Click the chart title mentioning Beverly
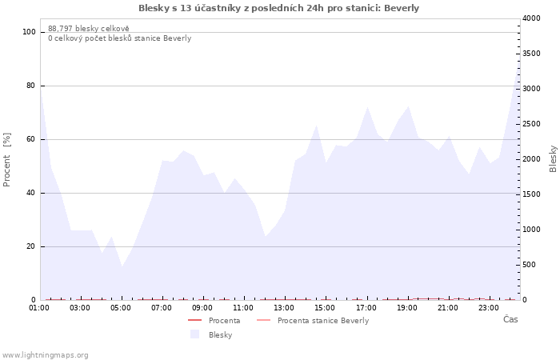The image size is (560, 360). coord(278,8)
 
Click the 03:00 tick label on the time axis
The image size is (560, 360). coord(80,307)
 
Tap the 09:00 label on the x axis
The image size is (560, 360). coord(203,307)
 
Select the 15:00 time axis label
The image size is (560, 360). coord(326,307)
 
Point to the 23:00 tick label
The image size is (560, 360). coord(490,307)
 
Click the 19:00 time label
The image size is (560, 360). coord(407,307)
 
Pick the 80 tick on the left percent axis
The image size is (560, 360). coord(30,86)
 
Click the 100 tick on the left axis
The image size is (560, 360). coord(29,32)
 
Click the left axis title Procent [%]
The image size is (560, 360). coord(7,159)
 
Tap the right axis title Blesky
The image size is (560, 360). coord(553,158)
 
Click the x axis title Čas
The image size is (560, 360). coord(510,320)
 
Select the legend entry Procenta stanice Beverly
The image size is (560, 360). coord(323,321)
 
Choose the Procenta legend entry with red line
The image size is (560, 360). coord(224,321)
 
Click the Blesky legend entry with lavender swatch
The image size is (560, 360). coord(220,335)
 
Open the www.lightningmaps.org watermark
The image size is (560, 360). coord(45,355)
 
